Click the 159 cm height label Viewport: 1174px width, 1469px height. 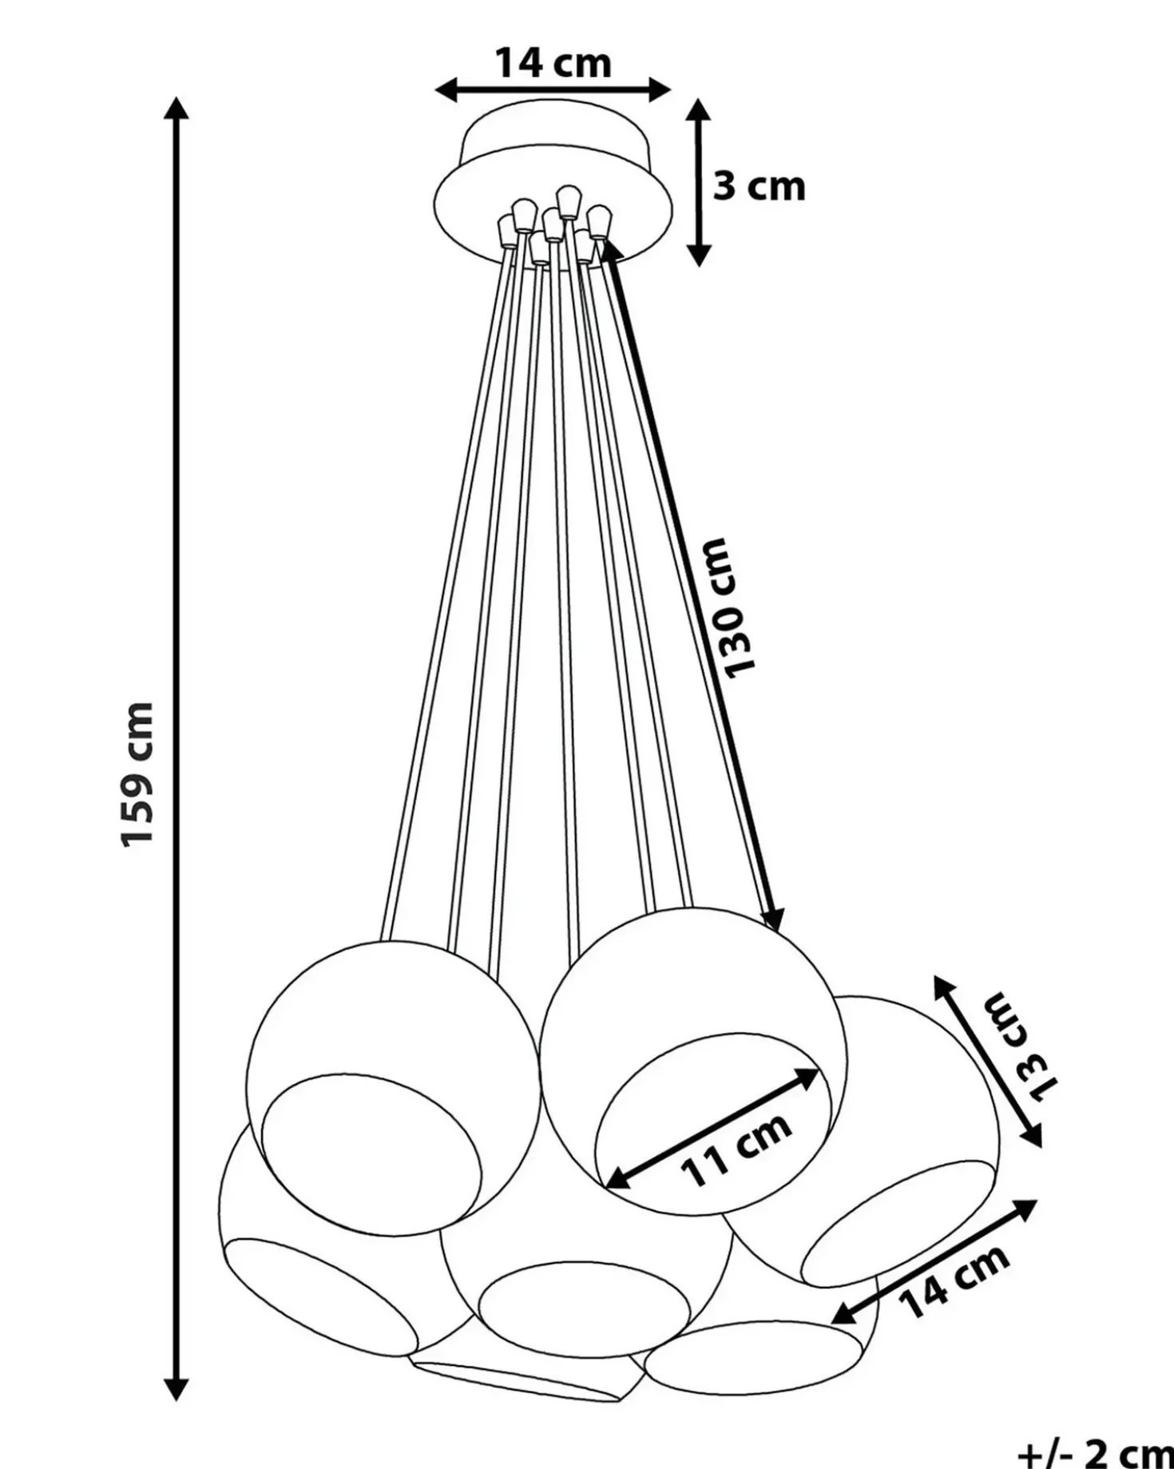pos(136,774)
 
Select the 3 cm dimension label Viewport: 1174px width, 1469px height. pos(759,186)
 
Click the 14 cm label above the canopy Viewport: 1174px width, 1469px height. pos(553,62)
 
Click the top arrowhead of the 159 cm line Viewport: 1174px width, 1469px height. pos(176,108)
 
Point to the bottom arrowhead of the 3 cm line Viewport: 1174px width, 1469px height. pos(699,254)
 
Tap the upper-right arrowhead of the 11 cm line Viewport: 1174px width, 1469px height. pos(807,1077)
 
